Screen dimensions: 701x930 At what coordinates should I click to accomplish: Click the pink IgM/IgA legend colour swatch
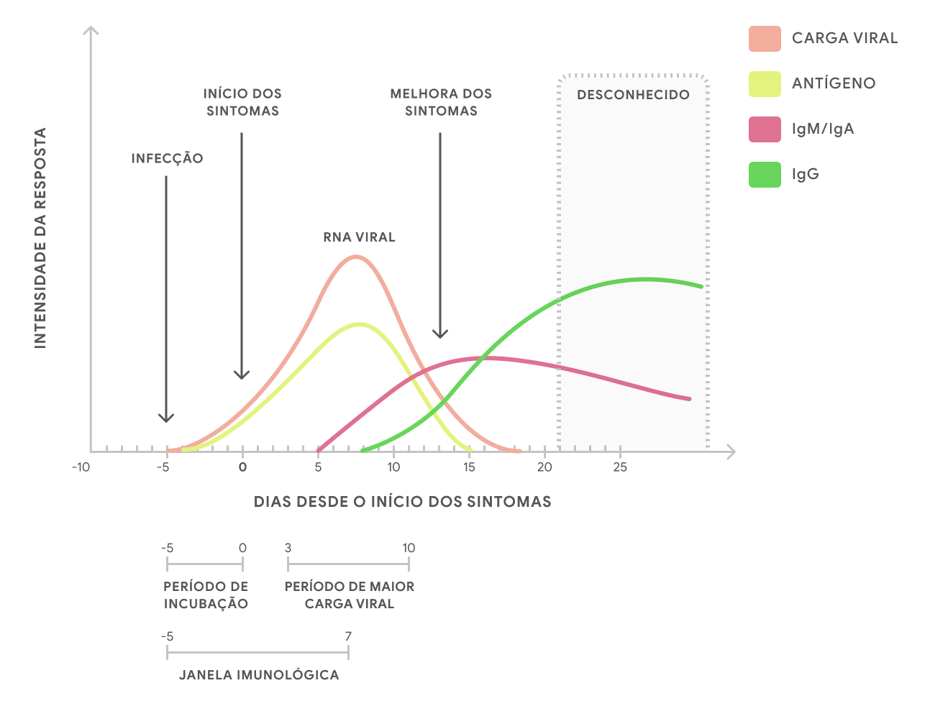pos(765,129)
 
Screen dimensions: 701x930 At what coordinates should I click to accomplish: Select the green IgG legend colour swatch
pos(765,175)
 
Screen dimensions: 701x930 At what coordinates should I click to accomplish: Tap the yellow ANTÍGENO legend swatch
pos(765,84)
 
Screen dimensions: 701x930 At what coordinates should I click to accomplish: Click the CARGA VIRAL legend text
pos(844,38)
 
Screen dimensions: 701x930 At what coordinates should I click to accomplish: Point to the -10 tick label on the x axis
pos(81,467)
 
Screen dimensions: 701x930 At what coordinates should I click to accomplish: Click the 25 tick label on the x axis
pos(620,467)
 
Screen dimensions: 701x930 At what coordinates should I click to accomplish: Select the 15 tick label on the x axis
pos(469,467)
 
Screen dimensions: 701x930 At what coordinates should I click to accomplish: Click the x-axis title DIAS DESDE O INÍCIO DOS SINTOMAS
pos(402,502)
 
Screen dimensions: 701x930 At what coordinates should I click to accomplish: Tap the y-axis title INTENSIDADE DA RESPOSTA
pos(40,238)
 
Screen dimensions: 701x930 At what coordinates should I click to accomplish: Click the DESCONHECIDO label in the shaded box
pos(633,95)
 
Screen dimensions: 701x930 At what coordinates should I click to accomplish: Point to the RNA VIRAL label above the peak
pos(359,237)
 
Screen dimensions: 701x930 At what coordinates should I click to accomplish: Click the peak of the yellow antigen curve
pos(358,324)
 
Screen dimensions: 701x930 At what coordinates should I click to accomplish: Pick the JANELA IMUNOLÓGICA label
pos(259,675)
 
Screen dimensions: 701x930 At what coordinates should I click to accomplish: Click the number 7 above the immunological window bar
pos(348,636)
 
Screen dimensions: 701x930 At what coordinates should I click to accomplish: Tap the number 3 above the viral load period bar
pos(288,548)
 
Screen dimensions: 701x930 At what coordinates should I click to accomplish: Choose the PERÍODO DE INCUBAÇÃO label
pos(206,595)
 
